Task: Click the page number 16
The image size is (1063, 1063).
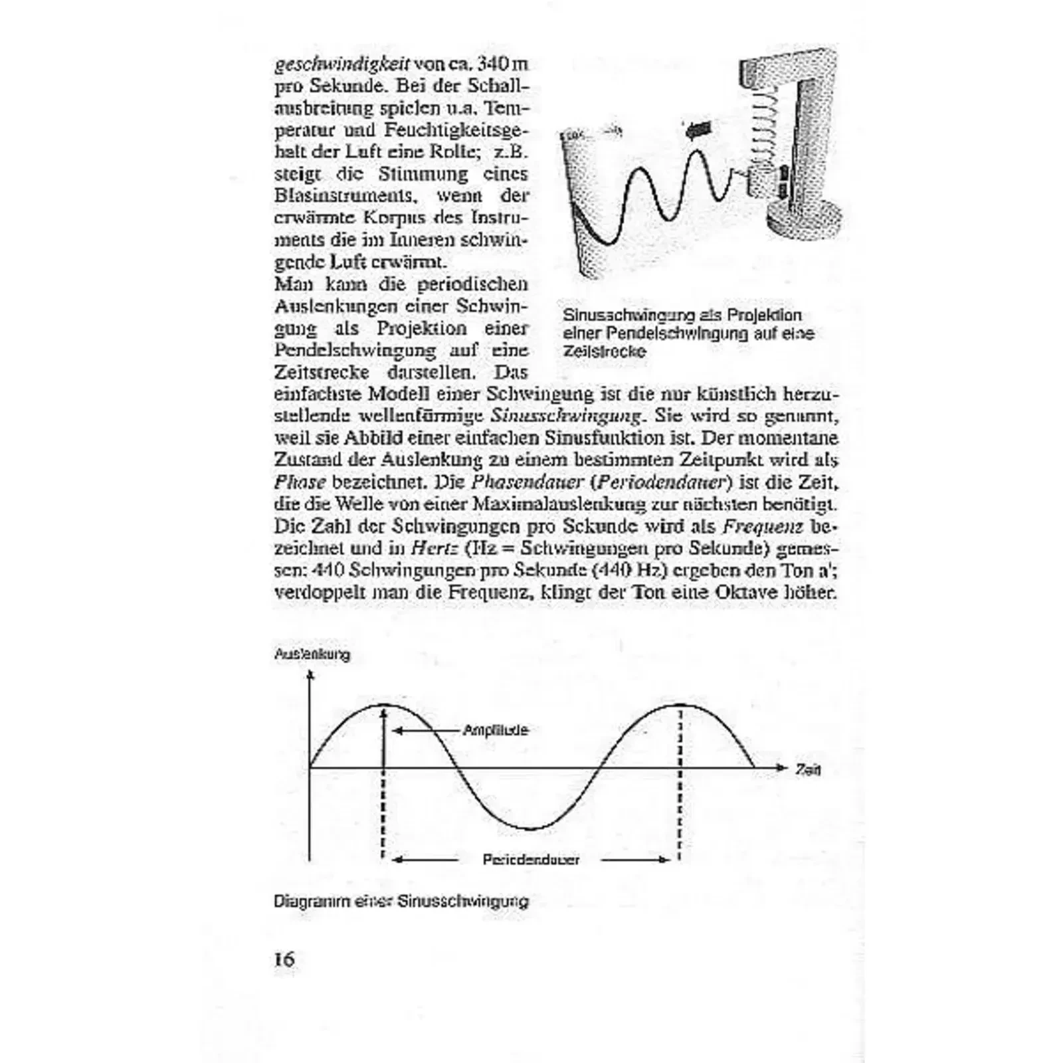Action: (284, 959)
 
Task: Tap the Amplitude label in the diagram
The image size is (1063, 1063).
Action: (496, 730)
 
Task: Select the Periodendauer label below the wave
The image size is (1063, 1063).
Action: (531, 860)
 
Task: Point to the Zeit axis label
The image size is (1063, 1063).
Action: (808, 769)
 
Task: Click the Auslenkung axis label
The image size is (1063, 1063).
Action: (312, 654)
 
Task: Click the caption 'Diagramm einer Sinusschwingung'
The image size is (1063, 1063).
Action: (401, 902)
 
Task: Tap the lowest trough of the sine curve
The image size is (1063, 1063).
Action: (530, 828)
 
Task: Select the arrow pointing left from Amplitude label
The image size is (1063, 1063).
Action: (425, 730)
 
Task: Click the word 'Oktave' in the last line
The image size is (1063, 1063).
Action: (746, 592)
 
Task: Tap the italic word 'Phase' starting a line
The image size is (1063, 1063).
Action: (300, 482)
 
